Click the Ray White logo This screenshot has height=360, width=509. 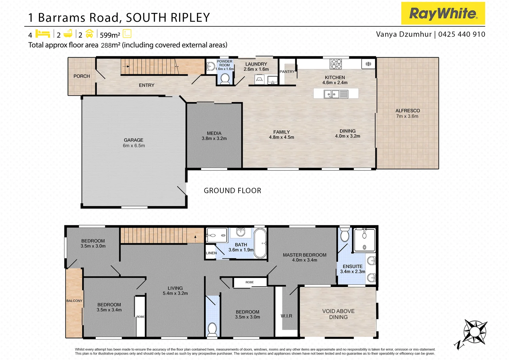pos(443,13)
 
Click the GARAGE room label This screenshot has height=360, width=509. pos(134,140)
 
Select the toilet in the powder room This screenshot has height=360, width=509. pos(225,79)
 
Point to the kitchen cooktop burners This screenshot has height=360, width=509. pos(336,63)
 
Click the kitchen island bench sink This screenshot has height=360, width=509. pos(331,94)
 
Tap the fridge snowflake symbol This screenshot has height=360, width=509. pos(368,64)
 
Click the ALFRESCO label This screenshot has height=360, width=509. pos(407,111)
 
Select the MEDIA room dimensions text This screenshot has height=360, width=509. pos(214,138)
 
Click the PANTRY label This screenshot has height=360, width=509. pos(287,72)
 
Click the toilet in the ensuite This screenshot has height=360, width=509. pos(344,235)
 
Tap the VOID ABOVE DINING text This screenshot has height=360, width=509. pos(338,314)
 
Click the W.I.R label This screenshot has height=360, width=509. pos(286,316)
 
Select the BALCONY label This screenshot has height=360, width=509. pos(74,301)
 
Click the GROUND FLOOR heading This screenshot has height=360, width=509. pos(232,191)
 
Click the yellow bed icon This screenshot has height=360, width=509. pos(43,34)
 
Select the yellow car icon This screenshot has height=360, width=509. pos(89,34)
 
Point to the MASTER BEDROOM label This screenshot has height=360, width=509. pos(304,255)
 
